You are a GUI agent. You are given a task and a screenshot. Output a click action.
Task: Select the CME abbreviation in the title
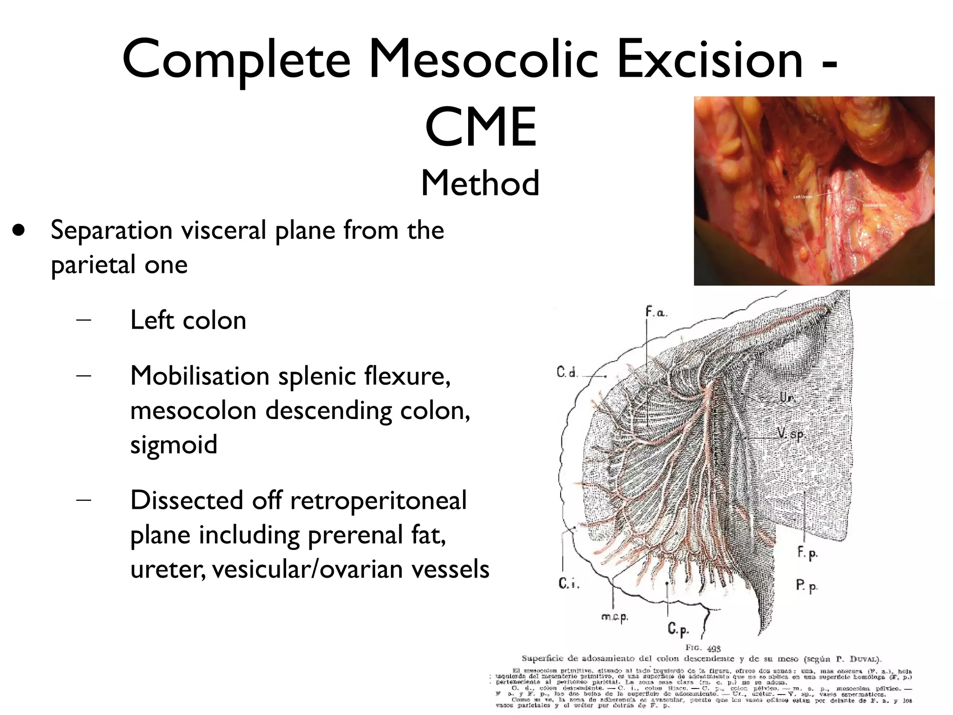(x=481, y=127)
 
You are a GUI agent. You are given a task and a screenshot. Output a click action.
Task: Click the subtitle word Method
(x=480, y=183)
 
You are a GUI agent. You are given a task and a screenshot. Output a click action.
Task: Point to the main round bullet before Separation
(x=20, y=230)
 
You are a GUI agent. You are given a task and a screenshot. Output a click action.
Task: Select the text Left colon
(x=188, y=320)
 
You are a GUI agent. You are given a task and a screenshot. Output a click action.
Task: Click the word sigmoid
(x=174, y=444)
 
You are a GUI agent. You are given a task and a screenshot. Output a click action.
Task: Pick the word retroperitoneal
(x=378, y=500)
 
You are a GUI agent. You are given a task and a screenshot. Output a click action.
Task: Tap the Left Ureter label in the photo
(x=803, y=197)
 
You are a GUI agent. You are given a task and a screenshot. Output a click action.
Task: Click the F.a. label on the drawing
(x=656, y=312)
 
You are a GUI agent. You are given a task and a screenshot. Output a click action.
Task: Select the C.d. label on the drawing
(x=567, y=372)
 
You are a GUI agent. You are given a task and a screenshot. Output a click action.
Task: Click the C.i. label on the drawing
(x=568, y=583)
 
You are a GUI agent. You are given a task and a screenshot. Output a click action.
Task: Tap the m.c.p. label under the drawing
(x=615, y=617)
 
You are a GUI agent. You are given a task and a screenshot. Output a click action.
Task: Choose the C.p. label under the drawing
(x=678, y=629)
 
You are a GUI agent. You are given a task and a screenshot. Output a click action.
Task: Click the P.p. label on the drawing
(x=806, y=585)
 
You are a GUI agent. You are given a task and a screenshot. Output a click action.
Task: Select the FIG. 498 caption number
(x=703, y=648)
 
